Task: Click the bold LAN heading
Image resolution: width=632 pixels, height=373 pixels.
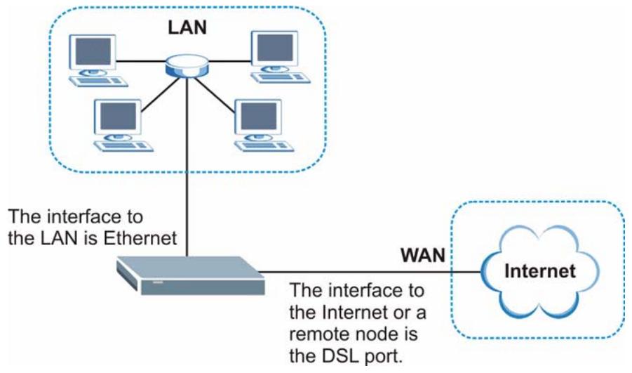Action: (187, 27)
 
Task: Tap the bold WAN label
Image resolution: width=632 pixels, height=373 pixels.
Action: (423, 255)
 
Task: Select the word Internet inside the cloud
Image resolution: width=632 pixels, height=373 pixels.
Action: (539, 271)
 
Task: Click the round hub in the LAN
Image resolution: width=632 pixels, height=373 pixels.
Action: (187, 65)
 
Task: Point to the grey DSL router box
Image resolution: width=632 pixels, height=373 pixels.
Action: (190, 275)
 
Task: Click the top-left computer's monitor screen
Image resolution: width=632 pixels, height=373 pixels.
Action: (93, 52)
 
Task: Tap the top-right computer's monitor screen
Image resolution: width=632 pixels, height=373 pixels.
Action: (275, 48)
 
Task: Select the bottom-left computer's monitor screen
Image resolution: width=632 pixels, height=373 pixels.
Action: (118, 117)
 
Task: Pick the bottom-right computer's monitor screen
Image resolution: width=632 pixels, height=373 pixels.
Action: (259, 117)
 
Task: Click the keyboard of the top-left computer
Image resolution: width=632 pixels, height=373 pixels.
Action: (98, 81)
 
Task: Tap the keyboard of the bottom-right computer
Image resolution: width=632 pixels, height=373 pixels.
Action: (264, 145)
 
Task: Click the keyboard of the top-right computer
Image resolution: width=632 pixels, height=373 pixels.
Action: (281, 77)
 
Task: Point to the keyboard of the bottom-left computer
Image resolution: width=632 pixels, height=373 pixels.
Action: (123, 145)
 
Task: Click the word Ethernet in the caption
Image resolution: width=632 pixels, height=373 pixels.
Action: (140, 238)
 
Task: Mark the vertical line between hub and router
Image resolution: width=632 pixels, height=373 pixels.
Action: (187, 166)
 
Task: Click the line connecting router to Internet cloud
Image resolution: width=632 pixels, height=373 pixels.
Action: (370, 272)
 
